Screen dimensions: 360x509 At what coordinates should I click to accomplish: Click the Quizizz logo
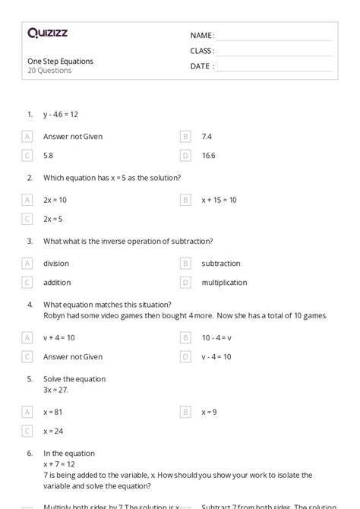[x=47, y=33]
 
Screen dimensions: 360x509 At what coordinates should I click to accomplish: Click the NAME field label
[x=202, y=36]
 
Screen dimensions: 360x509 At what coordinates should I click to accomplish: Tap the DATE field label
[x=202, y=66]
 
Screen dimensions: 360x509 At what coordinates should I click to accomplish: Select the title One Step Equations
[x=61, y=61]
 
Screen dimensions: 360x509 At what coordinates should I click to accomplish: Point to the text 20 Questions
[x=49, y=71]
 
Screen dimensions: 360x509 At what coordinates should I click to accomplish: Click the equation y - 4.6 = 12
[x=61, y=115]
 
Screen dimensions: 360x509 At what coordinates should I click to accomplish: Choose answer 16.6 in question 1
[x=209, y=156]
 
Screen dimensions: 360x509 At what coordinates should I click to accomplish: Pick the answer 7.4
[x=207, y=137]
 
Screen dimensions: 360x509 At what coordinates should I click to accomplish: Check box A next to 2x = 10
[x=28, y=200]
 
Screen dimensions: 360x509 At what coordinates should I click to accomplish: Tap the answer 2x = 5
[x=53, y=219]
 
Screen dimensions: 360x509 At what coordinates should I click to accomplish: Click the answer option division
[x=56, y=264]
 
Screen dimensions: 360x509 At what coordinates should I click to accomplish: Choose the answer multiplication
[x=224, y=283]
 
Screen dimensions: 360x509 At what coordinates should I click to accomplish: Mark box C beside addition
[x=28, y=283]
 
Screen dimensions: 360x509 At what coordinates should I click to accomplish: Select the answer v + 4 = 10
[x=59, y=337]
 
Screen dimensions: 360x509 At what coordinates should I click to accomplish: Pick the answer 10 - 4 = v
[x=216, y=337]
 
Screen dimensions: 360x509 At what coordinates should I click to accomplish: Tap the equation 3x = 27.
[x=55, y=390]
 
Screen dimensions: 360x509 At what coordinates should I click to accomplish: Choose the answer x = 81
[x=54, y=412]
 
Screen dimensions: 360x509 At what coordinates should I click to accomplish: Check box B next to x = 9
[x=185, y=412]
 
